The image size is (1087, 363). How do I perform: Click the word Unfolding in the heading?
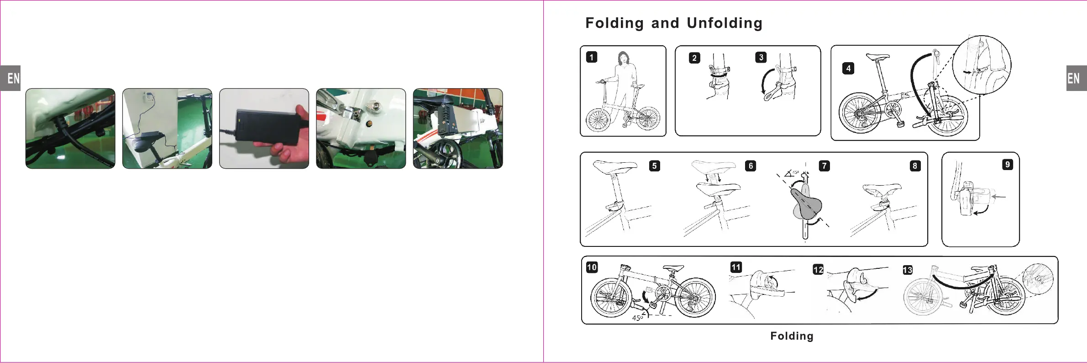pyautogui.click(x=725, y=23)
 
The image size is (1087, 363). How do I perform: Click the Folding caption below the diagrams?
pyautogui.click(x=792, y=336)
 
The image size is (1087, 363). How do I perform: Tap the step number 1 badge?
pyautogui.click(x=592, y=57)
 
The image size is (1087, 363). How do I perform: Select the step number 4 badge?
pyautogui.click(x=848, y=69)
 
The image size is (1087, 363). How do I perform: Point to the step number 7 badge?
pyautogui.click(x=824, y=165)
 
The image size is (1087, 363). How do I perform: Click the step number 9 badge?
pyautogui.click(x=1007, y=165)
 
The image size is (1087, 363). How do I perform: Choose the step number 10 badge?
pyautogui.click(x=592, y=267)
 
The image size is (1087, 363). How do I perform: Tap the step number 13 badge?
pyautogui.click(x=908, y=270)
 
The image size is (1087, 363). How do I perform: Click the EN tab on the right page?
pyautogui.click(x=1076, y=78)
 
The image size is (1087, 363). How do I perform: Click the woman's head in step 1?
pyautogui.click(x=623, y=58)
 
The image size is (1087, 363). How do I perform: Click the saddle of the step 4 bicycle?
pyautogui.click(x=877, y=57)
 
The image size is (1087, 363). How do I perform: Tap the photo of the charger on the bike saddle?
pyautogui.click(x=167, y=128)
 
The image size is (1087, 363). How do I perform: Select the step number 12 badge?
pyautogui.click(x=818, y=270)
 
